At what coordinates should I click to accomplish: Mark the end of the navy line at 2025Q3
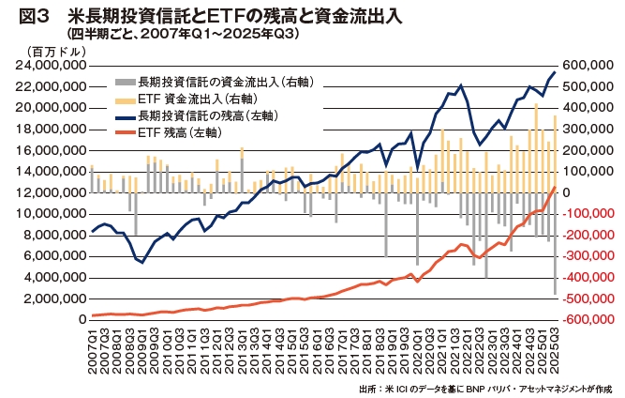click(556, 72)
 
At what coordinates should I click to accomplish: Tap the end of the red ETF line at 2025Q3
click(556, 188)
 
